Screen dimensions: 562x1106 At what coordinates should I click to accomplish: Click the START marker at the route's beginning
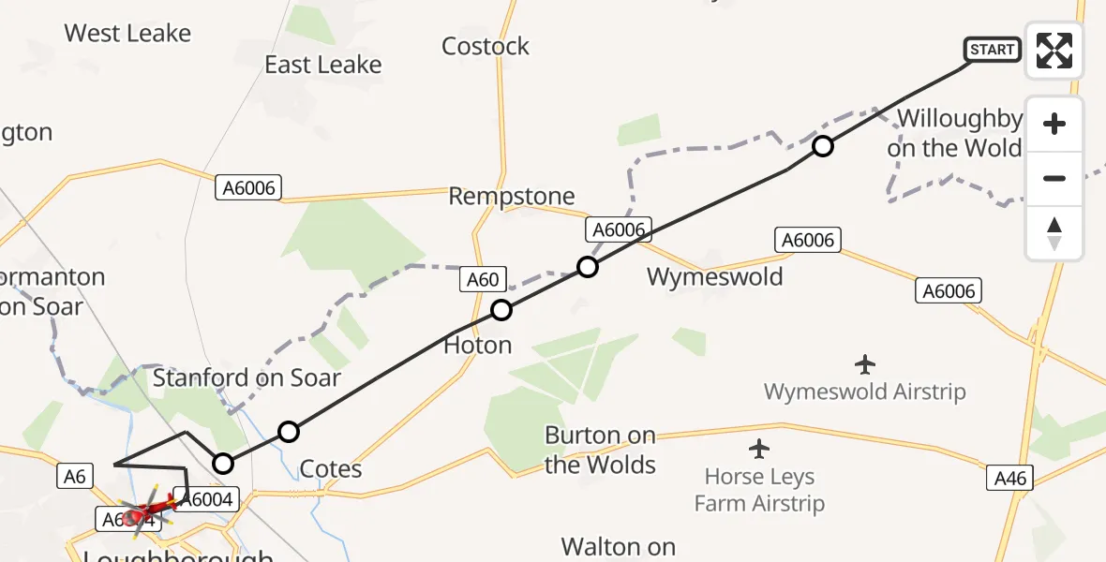[x=993, y=50]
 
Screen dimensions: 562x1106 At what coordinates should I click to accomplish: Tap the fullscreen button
[x=1054, y=51]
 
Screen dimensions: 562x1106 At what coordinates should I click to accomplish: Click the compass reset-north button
[x=1054, y=233]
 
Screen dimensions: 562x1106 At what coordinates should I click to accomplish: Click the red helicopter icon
[x=147, y=511]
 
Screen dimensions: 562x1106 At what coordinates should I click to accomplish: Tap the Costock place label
[x=486, y=46]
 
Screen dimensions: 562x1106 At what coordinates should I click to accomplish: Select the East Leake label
[x=323, y=65]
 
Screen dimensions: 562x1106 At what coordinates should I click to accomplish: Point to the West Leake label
[x=127, y=34]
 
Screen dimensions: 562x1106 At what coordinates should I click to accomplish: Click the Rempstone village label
[x=512, y=196]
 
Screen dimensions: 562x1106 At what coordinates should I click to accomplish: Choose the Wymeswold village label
[x=714, y=277]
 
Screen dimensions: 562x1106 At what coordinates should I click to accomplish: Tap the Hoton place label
[x=478, y=346]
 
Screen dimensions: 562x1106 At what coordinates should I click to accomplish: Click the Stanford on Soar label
[x=247, y=378]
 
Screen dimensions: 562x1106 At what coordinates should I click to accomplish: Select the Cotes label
[x=331, y=468]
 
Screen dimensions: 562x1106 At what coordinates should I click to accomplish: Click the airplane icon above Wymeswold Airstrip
[x=865, y=363]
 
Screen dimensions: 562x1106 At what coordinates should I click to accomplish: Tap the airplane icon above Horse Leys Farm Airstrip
[x=759, y=449]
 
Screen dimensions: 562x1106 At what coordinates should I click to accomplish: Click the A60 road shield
[x=484, y=278]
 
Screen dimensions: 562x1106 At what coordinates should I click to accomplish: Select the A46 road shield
[x=1010, y=479]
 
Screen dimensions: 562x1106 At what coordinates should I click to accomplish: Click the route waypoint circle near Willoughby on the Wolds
[x=822, y=146]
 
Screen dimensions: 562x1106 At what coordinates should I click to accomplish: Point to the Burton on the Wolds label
[x=600, y=450]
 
